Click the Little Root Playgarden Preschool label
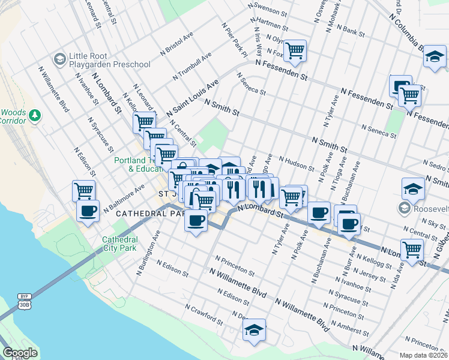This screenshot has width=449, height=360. (x=109, y=59)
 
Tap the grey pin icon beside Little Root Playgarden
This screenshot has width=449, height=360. (x=60, y=59)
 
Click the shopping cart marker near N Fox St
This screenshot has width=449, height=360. (x=295, y=50)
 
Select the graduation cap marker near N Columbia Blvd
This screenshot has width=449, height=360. (x=434, y=58)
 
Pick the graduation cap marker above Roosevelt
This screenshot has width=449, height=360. (x=413, y=188)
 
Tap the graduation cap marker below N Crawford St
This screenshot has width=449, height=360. (x=254, y=329)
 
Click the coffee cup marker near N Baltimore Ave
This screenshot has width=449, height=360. (x=88, y=211)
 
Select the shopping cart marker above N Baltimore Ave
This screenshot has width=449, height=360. (x=84, y=191)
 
